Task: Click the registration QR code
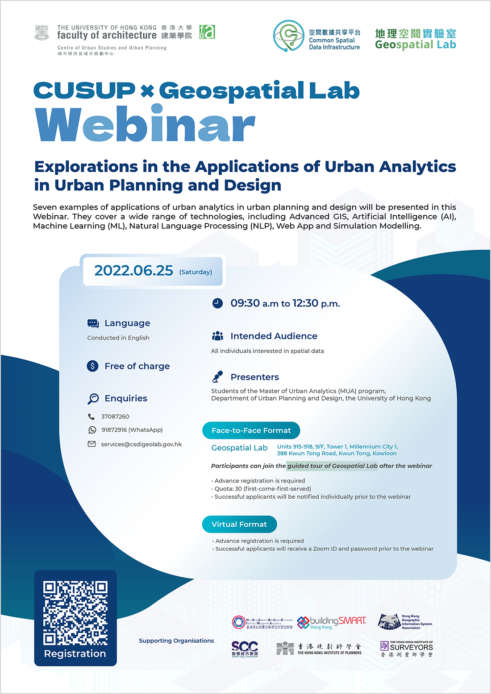75,613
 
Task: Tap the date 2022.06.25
133,270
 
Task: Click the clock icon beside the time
217,303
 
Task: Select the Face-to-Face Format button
251,430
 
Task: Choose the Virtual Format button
239,525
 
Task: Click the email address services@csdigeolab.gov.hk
141,444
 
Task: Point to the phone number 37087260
115,417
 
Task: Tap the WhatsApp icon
92,430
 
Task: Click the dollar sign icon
92,366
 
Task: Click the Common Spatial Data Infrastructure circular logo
288,36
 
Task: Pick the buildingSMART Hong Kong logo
332,623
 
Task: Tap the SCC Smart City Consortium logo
245,649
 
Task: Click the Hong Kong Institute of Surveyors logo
407,649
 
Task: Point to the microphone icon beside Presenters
217,377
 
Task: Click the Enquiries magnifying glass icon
93,398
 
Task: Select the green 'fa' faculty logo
207,32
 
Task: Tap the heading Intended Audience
274,336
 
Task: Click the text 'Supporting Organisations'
176,640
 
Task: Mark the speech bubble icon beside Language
93,323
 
